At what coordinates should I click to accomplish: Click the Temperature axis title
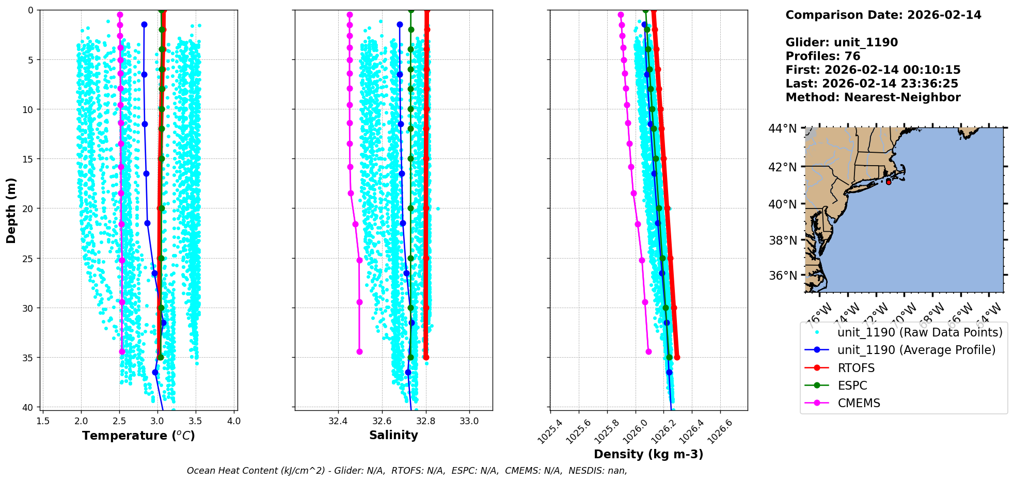[138, 436]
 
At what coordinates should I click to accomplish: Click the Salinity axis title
[393, 435]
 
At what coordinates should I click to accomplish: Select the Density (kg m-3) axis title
[648, 454]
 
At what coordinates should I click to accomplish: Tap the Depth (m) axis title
[11, 210]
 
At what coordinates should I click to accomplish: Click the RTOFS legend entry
[856, 368]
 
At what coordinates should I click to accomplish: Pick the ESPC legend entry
[852, 385]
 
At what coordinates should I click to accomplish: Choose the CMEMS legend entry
[859, 403]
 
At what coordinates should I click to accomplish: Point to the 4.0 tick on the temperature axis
[234, 421]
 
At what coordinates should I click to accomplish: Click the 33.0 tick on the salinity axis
[469, 421]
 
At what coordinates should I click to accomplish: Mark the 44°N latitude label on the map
[782, 128]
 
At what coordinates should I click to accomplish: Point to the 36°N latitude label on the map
[782, 276]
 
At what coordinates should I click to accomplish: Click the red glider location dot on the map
[889, 182]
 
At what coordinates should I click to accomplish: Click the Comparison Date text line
[883, 15]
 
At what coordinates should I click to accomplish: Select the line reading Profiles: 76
[822, 56]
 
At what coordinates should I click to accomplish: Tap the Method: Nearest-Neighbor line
[873, 98]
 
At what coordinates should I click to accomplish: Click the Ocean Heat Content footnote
[407, 471]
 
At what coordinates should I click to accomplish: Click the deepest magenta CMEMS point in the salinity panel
[359, 351]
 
